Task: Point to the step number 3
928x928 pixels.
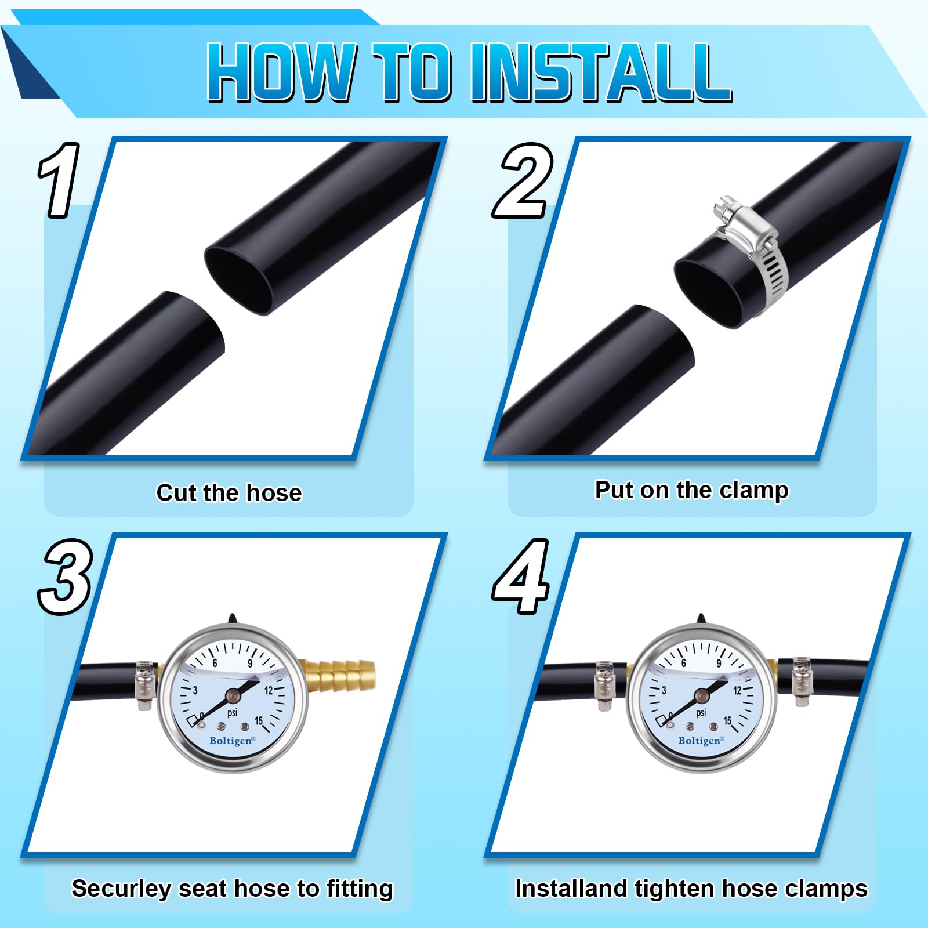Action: [65, 577]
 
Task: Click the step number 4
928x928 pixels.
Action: [521, 577]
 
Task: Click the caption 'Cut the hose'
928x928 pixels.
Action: [229, 493]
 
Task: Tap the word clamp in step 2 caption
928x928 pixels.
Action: [754, 491]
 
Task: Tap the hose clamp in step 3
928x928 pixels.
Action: [146, 685]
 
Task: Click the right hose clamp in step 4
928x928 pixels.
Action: [802, 681]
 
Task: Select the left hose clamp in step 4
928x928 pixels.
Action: [604, 685]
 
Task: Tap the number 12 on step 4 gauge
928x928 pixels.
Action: [737, 690]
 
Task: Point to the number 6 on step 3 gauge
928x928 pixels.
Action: [215, 663]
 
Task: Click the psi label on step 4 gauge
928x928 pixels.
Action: [701, 713]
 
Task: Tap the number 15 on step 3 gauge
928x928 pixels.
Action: [259, 721]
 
